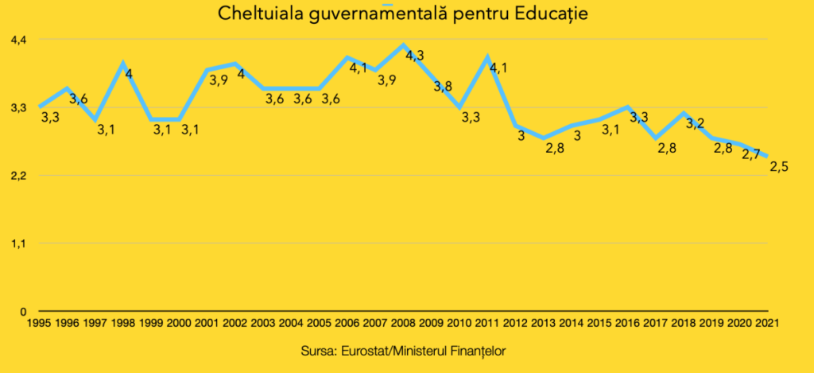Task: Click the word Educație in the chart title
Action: coord(555,14)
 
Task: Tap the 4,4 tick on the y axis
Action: coord(18,39)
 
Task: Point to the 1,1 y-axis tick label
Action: coord(18,243)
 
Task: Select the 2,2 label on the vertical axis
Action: coord(18,175)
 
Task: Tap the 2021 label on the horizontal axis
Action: coord(766,323)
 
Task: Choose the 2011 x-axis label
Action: coord(486,323)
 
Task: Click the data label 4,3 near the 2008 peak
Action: coord(415,56)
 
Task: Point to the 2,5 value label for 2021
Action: coord(778,165)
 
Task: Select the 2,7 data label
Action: coord(751,154)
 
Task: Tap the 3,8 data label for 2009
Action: coord(443,86)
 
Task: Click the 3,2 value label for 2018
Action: coord(695,123)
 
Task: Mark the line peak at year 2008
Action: coord(403,45)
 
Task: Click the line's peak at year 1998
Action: coord(123,63)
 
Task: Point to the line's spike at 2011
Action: coord(486,57)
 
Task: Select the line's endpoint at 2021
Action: coord(767,157)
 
